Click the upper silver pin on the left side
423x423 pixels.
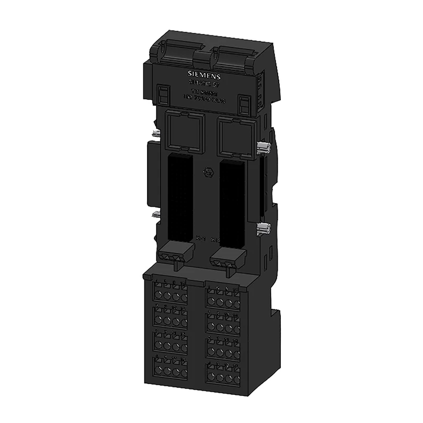[155, 133]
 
